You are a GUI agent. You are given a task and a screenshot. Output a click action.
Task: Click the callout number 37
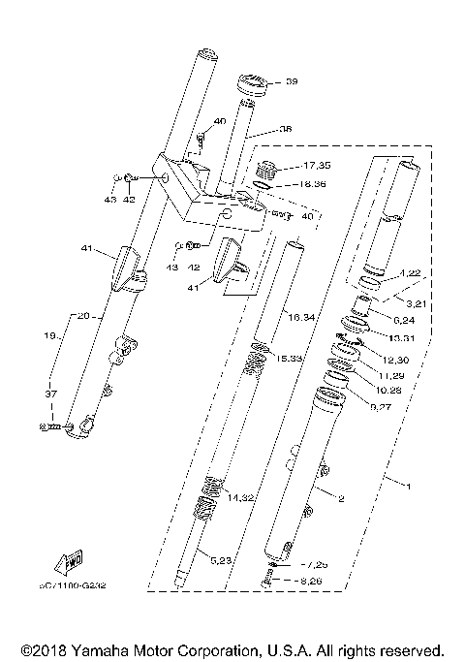[x=52, y=393]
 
